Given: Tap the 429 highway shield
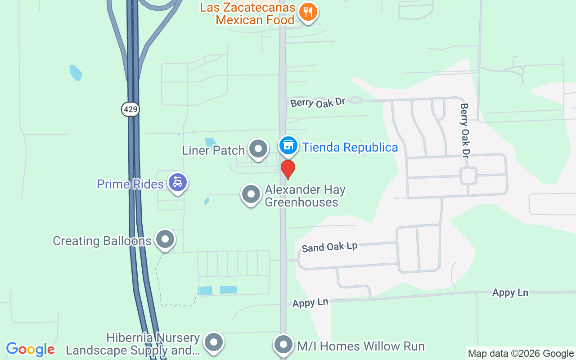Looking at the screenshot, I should (130, 109).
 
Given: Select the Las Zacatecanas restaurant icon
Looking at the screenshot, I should (308, 12).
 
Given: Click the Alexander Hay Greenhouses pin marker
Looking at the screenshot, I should (251, 194).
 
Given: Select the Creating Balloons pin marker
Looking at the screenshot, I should (165, 239).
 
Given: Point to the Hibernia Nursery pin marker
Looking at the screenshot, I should (213, 343).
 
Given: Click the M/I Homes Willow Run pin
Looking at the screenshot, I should (283, 345).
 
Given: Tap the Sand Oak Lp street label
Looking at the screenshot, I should (329, 247).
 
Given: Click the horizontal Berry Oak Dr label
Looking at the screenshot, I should (318, 103).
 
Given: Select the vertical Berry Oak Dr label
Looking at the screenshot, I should (464, 130).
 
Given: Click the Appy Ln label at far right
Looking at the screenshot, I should (510, 292).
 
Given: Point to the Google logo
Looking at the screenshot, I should (31, 349).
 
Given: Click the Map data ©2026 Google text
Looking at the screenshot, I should (521, 354).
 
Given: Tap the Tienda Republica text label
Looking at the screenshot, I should (350, 147).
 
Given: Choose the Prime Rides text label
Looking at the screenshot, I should (130, 184).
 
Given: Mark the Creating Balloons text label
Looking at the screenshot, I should (102, 241).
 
